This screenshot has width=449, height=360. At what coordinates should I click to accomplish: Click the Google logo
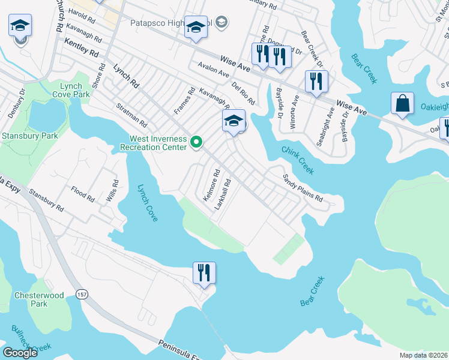point(20,353)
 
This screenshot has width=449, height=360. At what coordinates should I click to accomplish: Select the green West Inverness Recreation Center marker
point(196,142)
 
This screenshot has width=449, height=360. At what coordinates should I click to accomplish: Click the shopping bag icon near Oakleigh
point(402,103)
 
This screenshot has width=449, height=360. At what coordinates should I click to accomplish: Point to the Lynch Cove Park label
point(74,91)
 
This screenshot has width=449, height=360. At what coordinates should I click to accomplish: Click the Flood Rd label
point(82,197)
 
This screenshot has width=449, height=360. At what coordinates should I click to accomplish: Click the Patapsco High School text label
point(171,23)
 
